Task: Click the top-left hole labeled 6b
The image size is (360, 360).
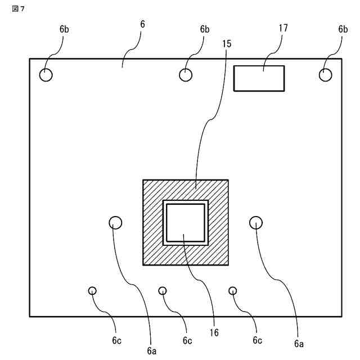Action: click(x=46, y=74)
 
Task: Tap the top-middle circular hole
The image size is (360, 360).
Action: click(x=186, y=74)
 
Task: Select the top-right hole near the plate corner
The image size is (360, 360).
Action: click(x=326, y=74)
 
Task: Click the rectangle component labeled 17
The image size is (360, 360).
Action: click(x=259, y=78)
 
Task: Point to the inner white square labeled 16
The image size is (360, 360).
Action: click(x=186, y=222)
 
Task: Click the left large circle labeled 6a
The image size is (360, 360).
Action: click(x=115, y=223)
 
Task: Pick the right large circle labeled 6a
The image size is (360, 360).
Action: click(x=256, y=223)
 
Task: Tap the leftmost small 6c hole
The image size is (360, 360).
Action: click(x=92, y=290)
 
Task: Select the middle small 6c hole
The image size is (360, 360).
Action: click(x=163, y=290)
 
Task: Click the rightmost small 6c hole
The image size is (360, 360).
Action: click(x=233, y=290)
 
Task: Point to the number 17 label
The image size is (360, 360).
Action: click(x=282, y=29)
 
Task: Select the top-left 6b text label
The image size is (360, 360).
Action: click(x=64, y=29)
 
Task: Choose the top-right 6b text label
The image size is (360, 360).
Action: click(x=343, y=29)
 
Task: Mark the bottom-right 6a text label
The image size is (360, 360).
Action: click(x=298, y=343)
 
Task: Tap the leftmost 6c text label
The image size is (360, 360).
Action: click(x=116, y=341)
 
